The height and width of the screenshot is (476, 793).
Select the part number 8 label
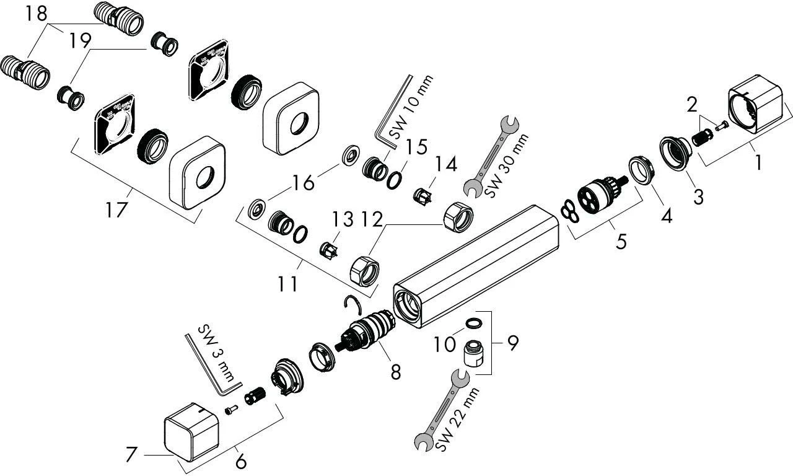395,371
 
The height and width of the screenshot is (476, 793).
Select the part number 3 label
698,198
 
